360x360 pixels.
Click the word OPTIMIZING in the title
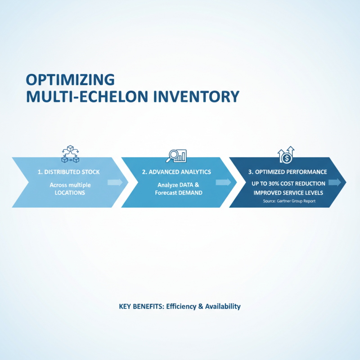pos(70,79)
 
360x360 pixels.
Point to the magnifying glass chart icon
pos(176,155)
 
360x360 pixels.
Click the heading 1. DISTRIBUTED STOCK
pos(69,172)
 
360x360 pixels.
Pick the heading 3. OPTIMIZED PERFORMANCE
pos(288,172)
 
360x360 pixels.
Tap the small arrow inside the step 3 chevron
pos(334,182)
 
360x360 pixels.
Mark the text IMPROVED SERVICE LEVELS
pos(288,193)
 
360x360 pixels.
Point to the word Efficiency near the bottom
pos(181,306)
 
